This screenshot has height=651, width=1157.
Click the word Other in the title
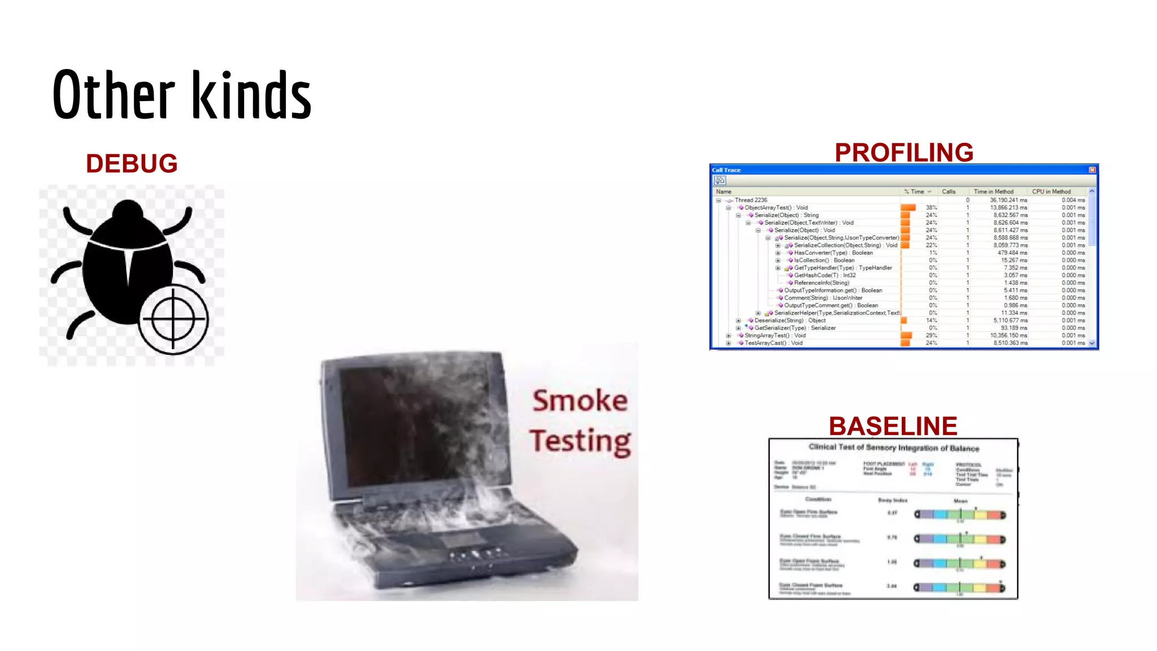pos(114,94)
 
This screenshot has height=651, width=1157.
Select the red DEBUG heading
pos(132,164)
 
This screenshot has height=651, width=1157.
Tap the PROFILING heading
pos(904,153)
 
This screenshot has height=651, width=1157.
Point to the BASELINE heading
pos(893,426)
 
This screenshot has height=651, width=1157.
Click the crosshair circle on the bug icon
pos(173,319)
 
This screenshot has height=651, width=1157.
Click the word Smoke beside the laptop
pos(580,401)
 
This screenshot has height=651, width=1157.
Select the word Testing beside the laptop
pos(580,441)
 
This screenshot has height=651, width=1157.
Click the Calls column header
pos(949,192)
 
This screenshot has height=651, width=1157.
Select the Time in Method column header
pos(993,192)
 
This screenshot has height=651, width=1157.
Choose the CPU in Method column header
pos(1051,192)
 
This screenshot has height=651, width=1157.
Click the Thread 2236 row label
pos(751,200)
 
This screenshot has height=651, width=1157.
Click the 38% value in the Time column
pos(931,207)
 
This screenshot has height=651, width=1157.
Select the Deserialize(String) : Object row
pos(790,320)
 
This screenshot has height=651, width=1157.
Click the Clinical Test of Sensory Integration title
pos(894,448)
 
